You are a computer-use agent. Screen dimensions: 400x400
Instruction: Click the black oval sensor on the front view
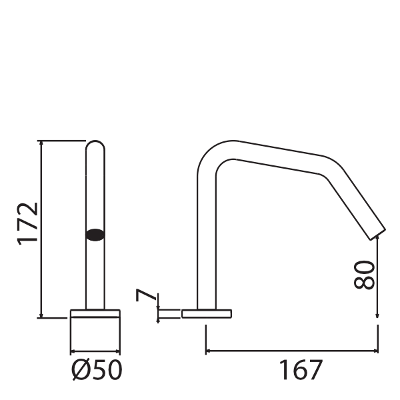[x=95, y=233]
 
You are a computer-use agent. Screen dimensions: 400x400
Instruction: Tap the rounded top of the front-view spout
[x=95, y=145]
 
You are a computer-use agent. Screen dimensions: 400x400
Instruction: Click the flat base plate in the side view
[x=206, y=313]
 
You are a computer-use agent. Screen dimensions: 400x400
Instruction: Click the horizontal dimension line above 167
[x=292, y=350]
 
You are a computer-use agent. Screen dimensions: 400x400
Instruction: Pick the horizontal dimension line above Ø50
[x=95, y=352]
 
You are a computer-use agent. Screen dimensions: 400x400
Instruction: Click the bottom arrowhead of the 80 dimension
[x=378, y=315]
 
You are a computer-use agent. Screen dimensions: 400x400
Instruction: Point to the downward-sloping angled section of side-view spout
[x=353, y=200]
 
